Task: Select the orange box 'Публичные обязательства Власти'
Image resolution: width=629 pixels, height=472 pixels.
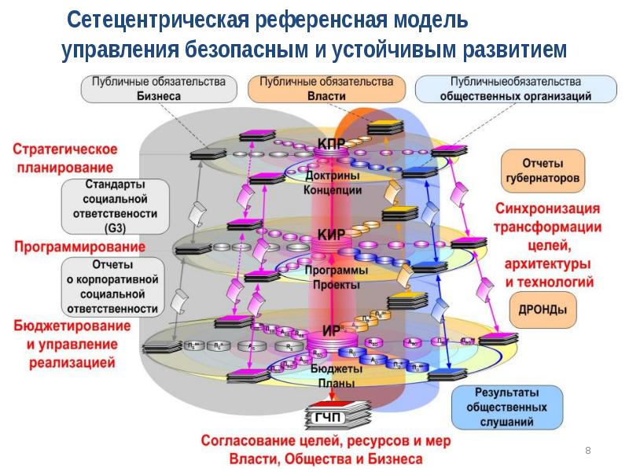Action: pos(326,88)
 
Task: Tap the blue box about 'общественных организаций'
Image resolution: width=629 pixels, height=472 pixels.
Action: pos(515,88)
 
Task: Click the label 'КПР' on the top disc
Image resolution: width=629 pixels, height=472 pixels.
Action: pos(332,144)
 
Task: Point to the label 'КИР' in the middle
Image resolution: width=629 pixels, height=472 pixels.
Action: pos(331,234)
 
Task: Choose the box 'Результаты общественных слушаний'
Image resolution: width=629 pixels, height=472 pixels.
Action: pos(506,407)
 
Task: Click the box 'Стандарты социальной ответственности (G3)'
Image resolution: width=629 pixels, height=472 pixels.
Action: pos(114,205)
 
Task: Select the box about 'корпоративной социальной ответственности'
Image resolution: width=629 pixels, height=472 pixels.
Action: pos(114,286)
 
